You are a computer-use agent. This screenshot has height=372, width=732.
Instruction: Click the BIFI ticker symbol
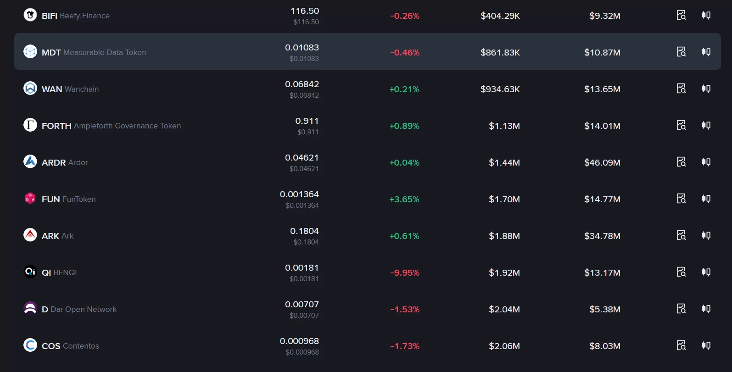(x=50, y=16)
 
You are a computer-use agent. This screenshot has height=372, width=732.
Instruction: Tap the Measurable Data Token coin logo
(x=30, y=52)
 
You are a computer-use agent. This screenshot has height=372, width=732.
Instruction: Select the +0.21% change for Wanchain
(x=404, y=89)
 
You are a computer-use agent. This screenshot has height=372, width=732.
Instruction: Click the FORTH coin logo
(x=30, y=125)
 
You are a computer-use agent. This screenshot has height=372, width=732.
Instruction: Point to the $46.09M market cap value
(x=602, y=163)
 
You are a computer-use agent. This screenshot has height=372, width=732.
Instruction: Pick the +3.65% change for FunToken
(x=404, y=199)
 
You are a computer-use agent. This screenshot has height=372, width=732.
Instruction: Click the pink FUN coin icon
(x=30, y=198)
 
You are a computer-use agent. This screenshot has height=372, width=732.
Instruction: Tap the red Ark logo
(x=30, y=235)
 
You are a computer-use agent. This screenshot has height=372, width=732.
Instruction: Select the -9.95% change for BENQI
(x=405, y=273)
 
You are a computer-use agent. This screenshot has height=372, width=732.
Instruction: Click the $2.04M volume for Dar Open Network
(x=504, y=309)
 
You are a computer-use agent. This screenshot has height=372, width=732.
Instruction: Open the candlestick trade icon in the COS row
(x=706, y=345)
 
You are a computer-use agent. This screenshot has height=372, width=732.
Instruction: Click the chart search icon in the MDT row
(x=681, y=52)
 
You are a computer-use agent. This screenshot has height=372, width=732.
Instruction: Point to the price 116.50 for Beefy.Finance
(x=305, y=11)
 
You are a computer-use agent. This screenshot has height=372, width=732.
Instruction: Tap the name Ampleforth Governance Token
(x=127, y=126)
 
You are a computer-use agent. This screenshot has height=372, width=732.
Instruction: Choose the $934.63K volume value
(x=500, y=89)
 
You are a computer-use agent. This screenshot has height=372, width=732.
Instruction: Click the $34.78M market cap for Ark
(x=602, y=236)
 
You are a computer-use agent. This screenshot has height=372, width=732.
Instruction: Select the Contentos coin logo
(x=30, y=345)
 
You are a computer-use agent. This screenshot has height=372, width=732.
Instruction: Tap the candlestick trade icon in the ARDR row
(x=706, y=161)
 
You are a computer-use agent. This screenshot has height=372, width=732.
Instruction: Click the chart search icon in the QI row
(x=681, y=272)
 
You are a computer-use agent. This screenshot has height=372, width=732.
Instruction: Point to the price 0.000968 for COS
(x=299, y=341)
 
